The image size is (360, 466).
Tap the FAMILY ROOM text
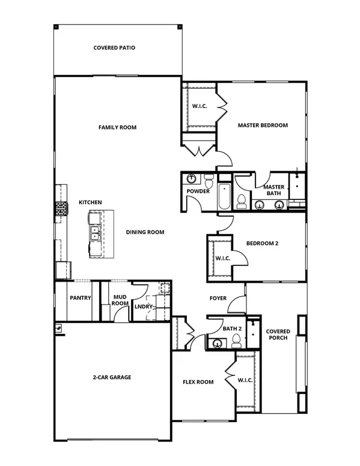pyautogui.click(x=117, y=127)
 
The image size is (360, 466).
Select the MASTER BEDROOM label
pyautogui.click(x=263, y=126)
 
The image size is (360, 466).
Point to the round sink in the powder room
pyautogui.click(x=191, y=179)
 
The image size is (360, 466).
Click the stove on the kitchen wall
pyautogui.click(x=61, y=209)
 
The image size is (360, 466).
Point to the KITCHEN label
pyautogui.click(x=90, y=203)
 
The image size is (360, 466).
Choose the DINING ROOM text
pyautogui.click(x=145, y=232)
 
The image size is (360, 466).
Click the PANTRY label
pyautogui.click(x=80, y=297)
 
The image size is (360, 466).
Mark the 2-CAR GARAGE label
pyautogui.click(x=111, y=377)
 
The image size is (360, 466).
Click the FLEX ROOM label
pyautogui.click(x=198, y=382)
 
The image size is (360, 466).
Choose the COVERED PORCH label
pyautogui.click(x=278, y=334)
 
